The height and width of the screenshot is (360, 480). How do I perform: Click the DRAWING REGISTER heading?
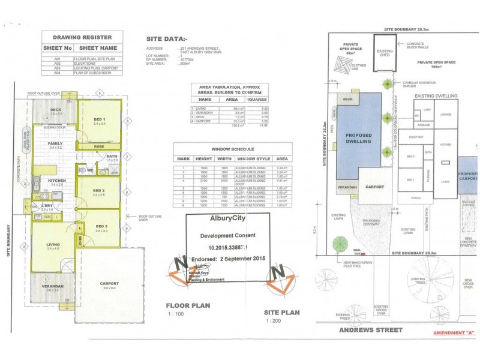[82, 37]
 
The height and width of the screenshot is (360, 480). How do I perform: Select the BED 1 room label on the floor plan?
[99, 121]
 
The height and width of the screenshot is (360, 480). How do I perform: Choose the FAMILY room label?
[55, 144]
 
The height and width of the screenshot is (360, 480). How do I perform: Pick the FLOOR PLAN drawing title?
[188, 305]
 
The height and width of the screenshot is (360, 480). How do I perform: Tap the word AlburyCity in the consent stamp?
[227, 219]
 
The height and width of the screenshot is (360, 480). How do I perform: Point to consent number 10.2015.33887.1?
[227, 246]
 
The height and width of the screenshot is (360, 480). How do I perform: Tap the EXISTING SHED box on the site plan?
[385, 54]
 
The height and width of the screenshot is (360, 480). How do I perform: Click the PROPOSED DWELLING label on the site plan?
[359, 139]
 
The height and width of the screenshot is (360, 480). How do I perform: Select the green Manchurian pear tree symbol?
[340, 244]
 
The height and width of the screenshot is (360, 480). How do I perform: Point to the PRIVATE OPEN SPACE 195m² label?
[437, 64]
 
